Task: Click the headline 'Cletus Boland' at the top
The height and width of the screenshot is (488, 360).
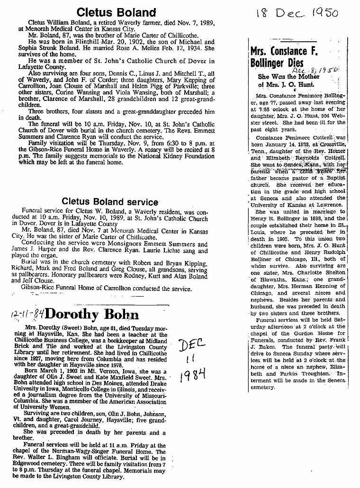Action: point(116,12)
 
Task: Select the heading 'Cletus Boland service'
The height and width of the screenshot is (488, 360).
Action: point(110,201)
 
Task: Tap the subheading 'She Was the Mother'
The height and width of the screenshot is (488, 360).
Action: point(288,76)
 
